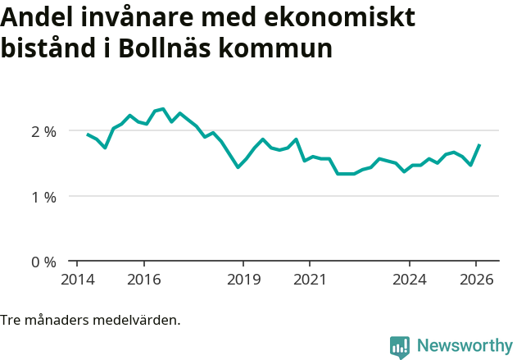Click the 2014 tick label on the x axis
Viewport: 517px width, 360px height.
[77, 279]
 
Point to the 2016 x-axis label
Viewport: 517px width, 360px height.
[143, 279]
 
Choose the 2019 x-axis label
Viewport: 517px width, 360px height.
[243, 279]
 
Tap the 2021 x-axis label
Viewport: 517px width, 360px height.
[310, 279]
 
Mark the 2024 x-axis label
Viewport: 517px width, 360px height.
[410, 279]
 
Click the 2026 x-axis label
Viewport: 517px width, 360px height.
[476, 279]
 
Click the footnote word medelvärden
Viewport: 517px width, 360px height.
[138, 320]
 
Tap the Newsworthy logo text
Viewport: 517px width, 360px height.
[464, 346]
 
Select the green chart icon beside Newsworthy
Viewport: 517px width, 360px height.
[400, 347]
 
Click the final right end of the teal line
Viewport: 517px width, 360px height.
[479, 145]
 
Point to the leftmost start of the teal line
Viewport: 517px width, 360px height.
[88, 134]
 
